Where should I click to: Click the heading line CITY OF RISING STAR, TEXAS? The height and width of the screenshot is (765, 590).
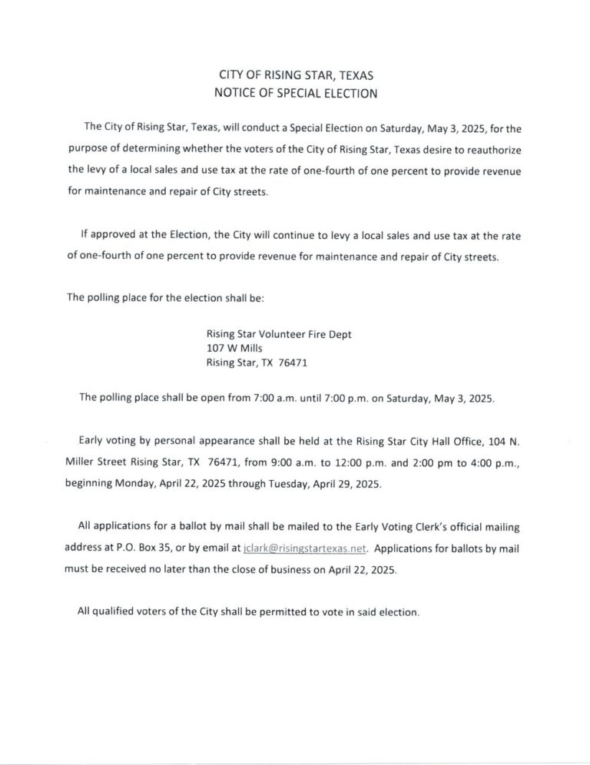click(x=295, y=77)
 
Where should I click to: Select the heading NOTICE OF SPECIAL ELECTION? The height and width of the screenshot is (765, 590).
click(x=295, y=94)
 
